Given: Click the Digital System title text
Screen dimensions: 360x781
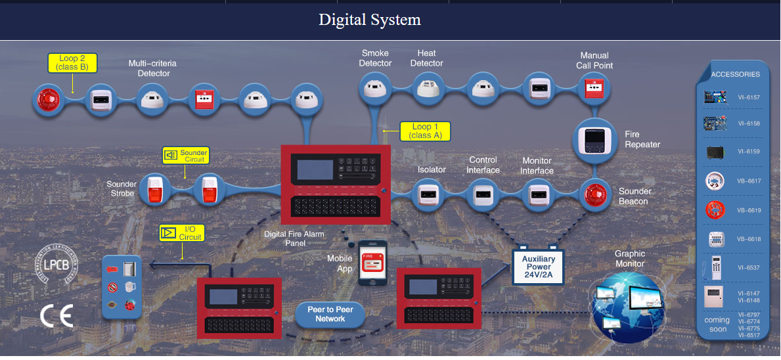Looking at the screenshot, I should click(x=370, y=20).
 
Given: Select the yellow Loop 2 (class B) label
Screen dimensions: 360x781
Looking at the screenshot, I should click(x=72, y=63).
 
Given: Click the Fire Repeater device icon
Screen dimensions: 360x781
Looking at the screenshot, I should click(x=594, y=139).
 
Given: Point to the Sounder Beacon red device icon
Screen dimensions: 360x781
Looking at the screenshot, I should click(x=594, y=195).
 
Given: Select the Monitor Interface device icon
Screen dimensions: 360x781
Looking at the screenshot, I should click(x=537, y=195).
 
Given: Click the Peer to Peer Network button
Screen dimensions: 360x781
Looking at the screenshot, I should click(x=330, y=314).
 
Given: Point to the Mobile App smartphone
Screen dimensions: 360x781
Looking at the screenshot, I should click(x=372, y=263).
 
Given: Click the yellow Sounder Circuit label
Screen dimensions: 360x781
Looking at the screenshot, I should click(x=186, y=156).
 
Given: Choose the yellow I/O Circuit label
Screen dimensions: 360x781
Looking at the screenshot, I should click(x=182, y=233).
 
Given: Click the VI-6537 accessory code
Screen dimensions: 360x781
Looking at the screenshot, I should click(x=748, y=267).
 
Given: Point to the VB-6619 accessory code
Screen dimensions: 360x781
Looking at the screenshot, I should click(x=748, y=210).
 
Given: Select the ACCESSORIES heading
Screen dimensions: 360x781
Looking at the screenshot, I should click(x=735, y=74).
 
